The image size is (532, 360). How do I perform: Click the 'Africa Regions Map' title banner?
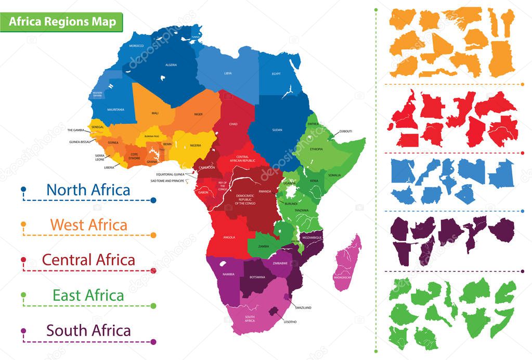[61, 22]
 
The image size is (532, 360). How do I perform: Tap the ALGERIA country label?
[171, 65]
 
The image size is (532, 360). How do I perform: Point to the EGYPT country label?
[276, 74]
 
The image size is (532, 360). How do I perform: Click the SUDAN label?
[277, 130]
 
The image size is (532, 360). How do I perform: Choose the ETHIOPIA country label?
[316, 149]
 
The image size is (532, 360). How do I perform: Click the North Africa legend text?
[88, 189]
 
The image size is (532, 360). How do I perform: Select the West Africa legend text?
[88, 225]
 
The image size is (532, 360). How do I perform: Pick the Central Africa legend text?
[88, 260]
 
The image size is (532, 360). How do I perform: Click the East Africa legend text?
[88, 295]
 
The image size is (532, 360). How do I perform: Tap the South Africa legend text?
[88, 330]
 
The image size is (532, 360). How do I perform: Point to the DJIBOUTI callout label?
[346, 131]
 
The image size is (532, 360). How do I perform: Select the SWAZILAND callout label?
[303, 308]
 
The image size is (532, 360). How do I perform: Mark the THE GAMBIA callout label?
[76, 130]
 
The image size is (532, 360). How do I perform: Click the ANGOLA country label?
[229, 237]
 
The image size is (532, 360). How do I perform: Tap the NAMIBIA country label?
[229, 274]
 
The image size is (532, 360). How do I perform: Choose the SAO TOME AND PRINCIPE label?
[167, 181]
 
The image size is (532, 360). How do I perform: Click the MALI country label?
[155, 113]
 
